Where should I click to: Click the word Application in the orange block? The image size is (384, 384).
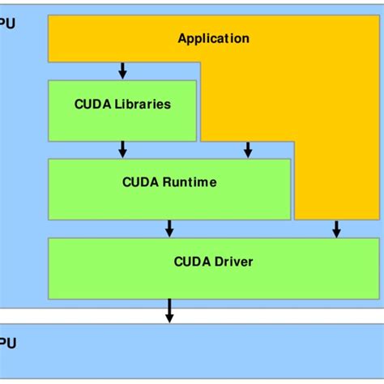[x=213, y=38]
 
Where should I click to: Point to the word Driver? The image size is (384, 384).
[x=233, y=261]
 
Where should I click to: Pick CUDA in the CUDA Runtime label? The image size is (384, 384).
[x=139, y=182]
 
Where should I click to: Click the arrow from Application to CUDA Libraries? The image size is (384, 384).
[x=122, y=70]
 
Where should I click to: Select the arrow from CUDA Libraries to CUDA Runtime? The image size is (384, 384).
[x=122, y=149]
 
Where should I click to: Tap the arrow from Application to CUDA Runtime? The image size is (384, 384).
[x=248, y=149]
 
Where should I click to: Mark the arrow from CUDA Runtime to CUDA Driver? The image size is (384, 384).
[x=169, y=228]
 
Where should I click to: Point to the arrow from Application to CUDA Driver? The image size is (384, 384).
[x=336, y=228]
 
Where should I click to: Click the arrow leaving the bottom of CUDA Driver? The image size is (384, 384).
[x=169, y=310]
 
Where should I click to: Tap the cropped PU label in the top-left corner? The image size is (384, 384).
[x=7, y=23]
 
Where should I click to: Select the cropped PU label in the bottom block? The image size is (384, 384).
[x=7, y=343]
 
